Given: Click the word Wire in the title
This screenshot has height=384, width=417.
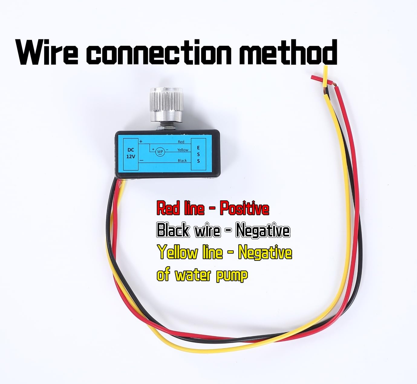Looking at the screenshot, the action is pos(47,52).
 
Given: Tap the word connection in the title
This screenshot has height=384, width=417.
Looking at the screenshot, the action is pos(159,52).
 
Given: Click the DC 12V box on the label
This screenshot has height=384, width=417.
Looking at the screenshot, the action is pos(131,154).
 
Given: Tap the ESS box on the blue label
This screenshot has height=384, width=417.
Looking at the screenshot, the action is pos(198,154).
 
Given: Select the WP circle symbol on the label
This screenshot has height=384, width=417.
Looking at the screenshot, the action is pos(160,152).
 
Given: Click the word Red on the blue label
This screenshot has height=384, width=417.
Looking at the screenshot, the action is pos(181,142).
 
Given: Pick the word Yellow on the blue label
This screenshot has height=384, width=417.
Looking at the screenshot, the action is pos(183,150).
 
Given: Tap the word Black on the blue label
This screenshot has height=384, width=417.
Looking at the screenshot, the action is pos(182,160).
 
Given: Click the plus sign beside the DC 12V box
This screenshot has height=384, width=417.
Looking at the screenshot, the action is pos(141,141).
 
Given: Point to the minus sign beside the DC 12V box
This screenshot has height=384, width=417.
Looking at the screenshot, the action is pos(141,160).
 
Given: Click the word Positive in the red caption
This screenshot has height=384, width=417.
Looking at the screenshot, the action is pos(244,208).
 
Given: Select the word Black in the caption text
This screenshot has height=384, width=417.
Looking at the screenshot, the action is pos(173,230).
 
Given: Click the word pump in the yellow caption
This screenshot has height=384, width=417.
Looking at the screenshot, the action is pos(232,276).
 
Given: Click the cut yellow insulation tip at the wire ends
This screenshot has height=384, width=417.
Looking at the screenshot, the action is pos(325,76).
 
